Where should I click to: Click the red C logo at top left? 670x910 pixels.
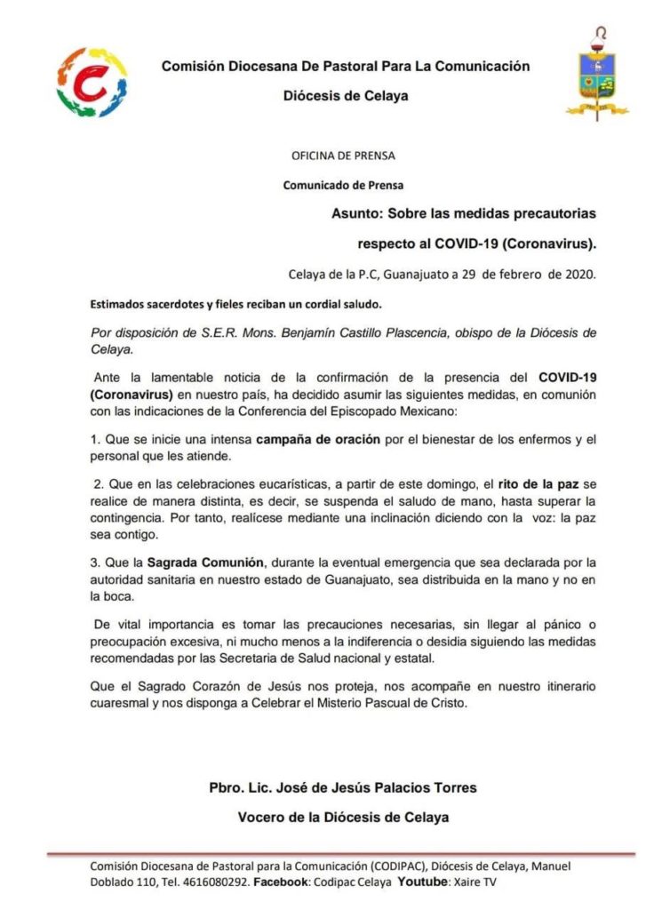[x=92, y=83]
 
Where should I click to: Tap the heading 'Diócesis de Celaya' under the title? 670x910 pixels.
[x=346, y=96]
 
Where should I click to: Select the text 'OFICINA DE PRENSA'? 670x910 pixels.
[x=344, y=156]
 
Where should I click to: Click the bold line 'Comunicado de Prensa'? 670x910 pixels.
[x=343, y=186]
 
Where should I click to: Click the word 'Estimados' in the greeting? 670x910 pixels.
[x=117, y=304]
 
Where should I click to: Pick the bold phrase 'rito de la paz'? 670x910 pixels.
[x=522, y=483]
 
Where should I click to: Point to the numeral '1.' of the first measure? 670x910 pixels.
[x=96, y=439]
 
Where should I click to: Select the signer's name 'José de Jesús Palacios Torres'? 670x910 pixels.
[x=384, y=787]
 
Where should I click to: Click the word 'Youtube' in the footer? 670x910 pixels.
[x=422, y=882]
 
